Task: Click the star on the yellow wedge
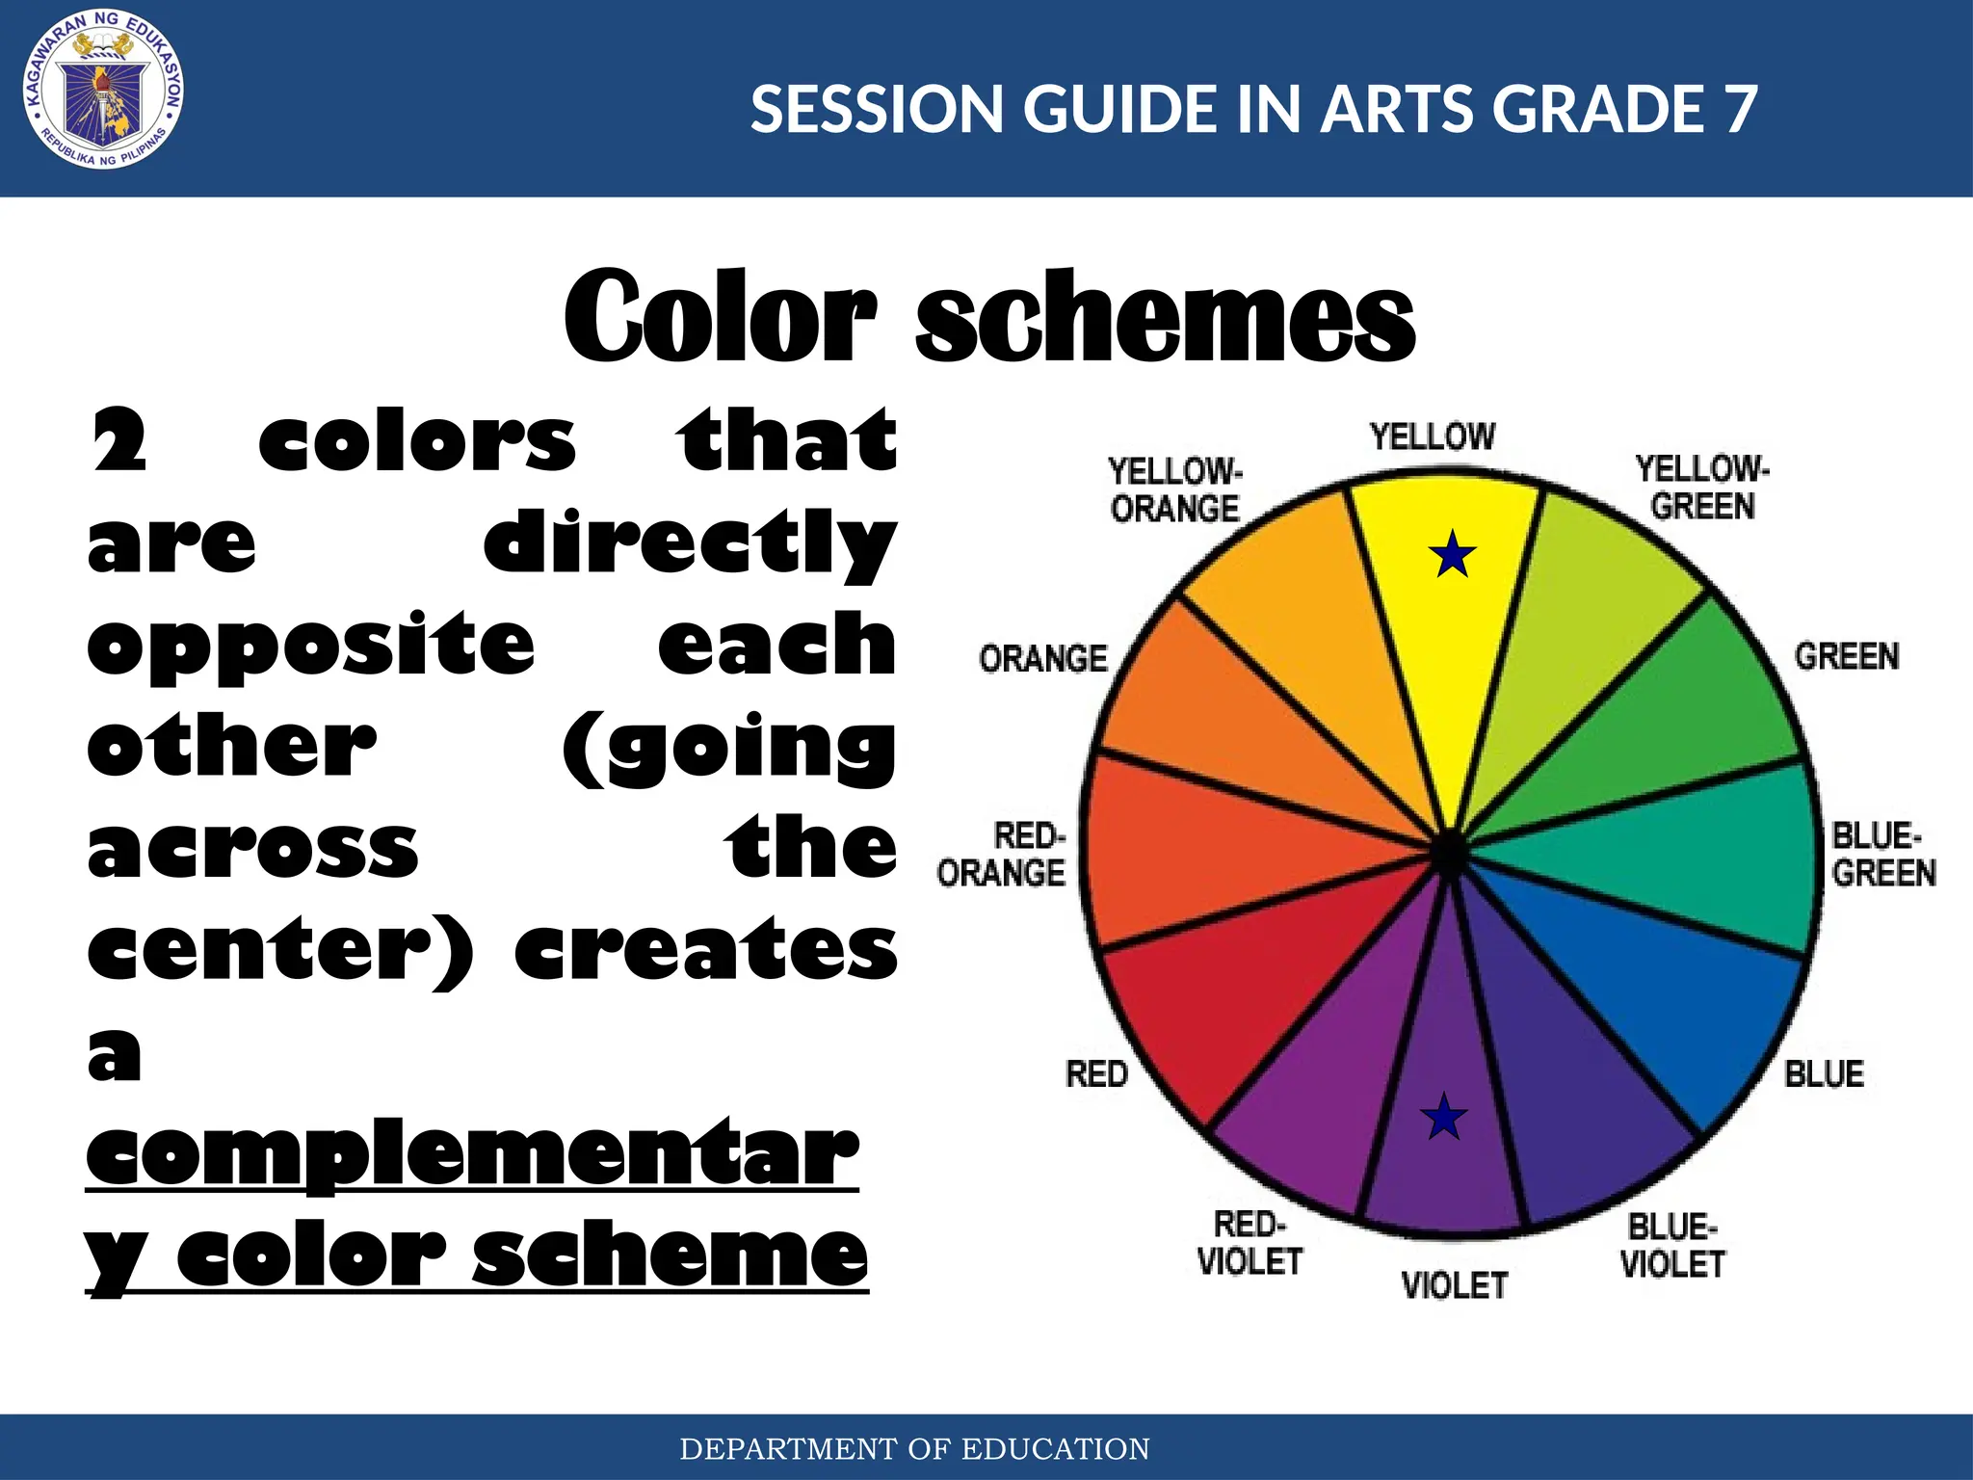click(1452, 556)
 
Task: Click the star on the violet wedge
click(1443, 1118)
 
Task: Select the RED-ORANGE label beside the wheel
click(1002, 854)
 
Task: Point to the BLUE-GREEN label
click(1882, 854)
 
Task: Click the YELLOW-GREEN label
click(1702, 488)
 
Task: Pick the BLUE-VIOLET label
click(1672, 1246)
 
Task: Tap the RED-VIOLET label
click(1250, 1243)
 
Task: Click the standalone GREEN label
click(1846, 656)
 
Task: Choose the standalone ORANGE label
click(1043, 659)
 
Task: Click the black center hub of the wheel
click(1447, 853)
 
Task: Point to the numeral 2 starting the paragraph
click(118, 441)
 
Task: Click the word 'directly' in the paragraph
click(689, 544)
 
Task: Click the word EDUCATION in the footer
click(1055, 1448)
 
